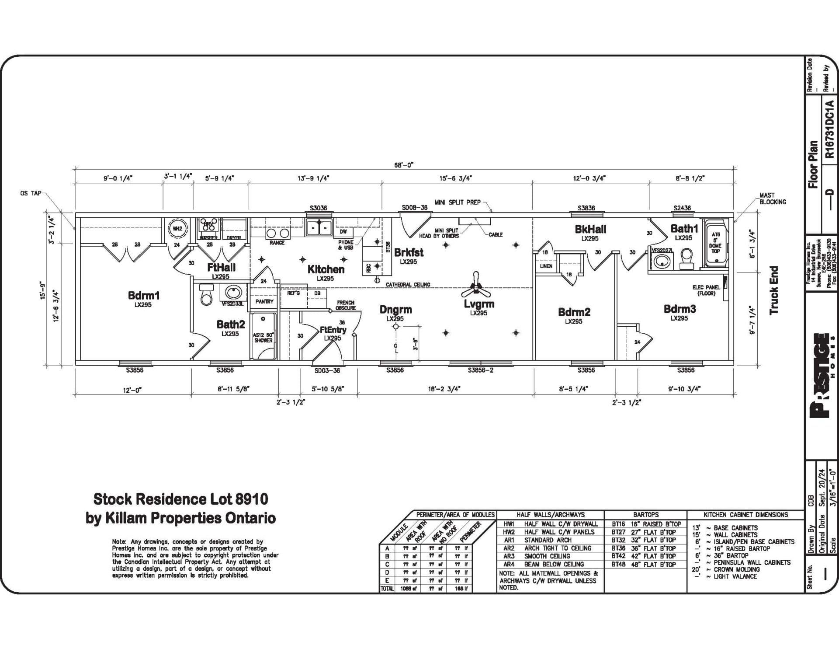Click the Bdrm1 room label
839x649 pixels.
(143, 295)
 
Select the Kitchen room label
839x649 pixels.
(326, 269)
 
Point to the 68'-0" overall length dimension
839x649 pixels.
(403, 165)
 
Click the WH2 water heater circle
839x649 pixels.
(177, 228)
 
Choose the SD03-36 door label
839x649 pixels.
(327, 370)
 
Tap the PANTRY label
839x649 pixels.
(264, 301)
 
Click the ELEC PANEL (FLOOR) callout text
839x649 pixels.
(706, 290)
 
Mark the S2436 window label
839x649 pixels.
(682, 208)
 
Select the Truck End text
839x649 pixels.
(774, 290)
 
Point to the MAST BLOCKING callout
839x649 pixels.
(772, 199)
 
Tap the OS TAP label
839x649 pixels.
(31, 193)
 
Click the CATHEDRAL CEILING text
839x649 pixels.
(408, 284)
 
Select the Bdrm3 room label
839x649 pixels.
(680, 309)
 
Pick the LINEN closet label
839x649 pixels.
(546, 266)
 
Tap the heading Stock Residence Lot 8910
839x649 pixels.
(181, 499)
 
